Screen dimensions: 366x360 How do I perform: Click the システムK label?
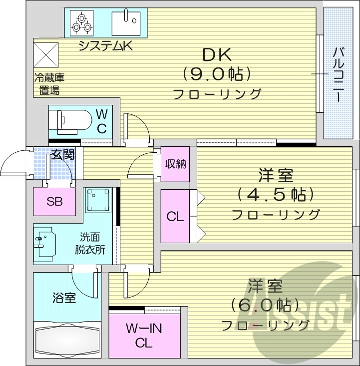105,46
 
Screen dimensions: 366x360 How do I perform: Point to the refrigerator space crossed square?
46,54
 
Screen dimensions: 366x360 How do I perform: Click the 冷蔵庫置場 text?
49,84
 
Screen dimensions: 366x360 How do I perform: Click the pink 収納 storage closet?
176,164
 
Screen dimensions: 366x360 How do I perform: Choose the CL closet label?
175,217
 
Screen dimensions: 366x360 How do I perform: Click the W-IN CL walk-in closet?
144,336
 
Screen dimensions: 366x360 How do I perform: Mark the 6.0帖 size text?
265,305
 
